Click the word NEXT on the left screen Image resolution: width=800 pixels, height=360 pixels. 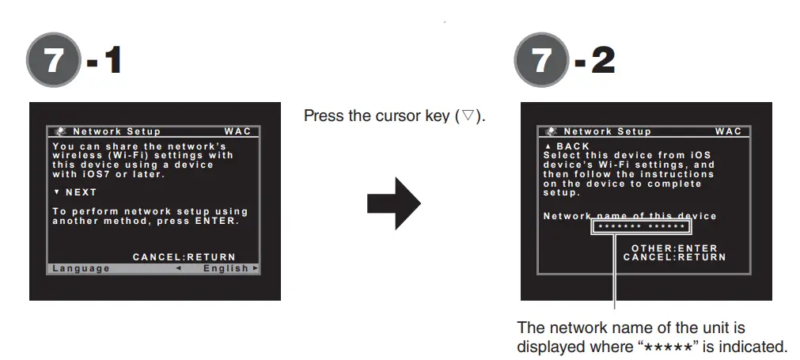click(x=81, y=192)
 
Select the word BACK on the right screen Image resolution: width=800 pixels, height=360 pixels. click(x=573, y=146)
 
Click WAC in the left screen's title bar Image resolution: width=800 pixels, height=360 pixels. click(x=237, y=131)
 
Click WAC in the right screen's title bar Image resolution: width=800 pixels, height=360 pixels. click(x=729, y=131)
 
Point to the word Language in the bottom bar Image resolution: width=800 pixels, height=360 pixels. click(x=82, y=268)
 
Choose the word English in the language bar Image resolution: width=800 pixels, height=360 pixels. click(x=226, y=268)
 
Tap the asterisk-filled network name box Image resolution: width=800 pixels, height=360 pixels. click(x=642, y=228)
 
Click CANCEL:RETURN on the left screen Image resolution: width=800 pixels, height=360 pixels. click(x=184, y=256)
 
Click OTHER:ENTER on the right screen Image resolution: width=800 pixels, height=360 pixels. click(x=674, y=248)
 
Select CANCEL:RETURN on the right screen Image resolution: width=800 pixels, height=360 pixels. click(x=674, y=256)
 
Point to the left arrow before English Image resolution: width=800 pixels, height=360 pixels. click(x=178, y=268)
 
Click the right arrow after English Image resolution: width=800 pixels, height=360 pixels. click(x=255, y=268)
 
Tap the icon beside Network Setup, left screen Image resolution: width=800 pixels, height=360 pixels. click(x=62, y=131)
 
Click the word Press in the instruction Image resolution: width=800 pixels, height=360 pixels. click(x=322, y=116)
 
